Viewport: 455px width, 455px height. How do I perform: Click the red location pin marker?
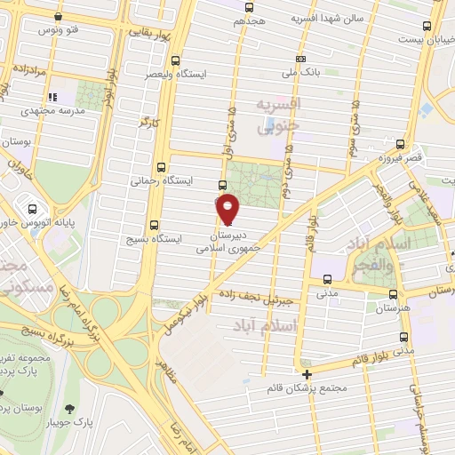(x=228, y=209)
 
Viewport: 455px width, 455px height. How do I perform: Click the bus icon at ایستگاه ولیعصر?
(x=174, y=61)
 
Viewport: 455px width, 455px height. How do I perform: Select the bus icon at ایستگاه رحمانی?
(x=161, y=166)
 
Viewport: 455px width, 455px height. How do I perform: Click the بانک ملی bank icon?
(x=301, y=59)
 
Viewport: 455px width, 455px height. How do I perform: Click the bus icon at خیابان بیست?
(x=427, y=26)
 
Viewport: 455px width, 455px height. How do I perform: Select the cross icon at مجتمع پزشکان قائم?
(x=307, y=374)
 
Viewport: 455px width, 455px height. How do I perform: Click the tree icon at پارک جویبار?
(x=69, y=409)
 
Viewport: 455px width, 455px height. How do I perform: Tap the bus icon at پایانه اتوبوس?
(x=19, y=210)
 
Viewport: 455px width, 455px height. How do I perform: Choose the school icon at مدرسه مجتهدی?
(x=52, y=96)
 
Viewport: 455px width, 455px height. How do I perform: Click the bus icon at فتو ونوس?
(x=60, y=17)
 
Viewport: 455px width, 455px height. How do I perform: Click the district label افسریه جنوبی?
(x=279, y=116)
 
